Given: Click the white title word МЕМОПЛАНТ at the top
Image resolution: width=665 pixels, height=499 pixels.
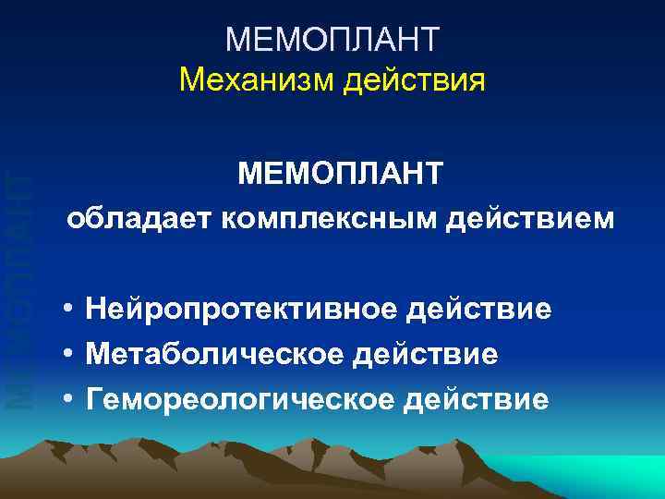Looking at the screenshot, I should click(332, 40).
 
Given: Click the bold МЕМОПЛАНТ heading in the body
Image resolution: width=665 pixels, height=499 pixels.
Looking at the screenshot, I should click(340, 174).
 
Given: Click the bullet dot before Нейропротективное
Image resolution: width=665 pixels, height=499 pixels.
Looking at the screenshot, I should click(69, 307).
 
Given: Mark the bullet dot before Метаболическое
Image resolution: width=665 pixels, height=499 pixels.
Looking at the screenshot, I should click(69, 352).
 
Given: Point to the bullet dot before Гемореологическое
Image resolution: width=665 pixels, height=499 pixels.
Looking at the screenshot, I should click(69, 397).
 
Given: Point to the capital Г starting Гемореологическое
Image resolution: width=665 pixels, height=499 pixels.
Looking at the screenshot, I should click(93, 398).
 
